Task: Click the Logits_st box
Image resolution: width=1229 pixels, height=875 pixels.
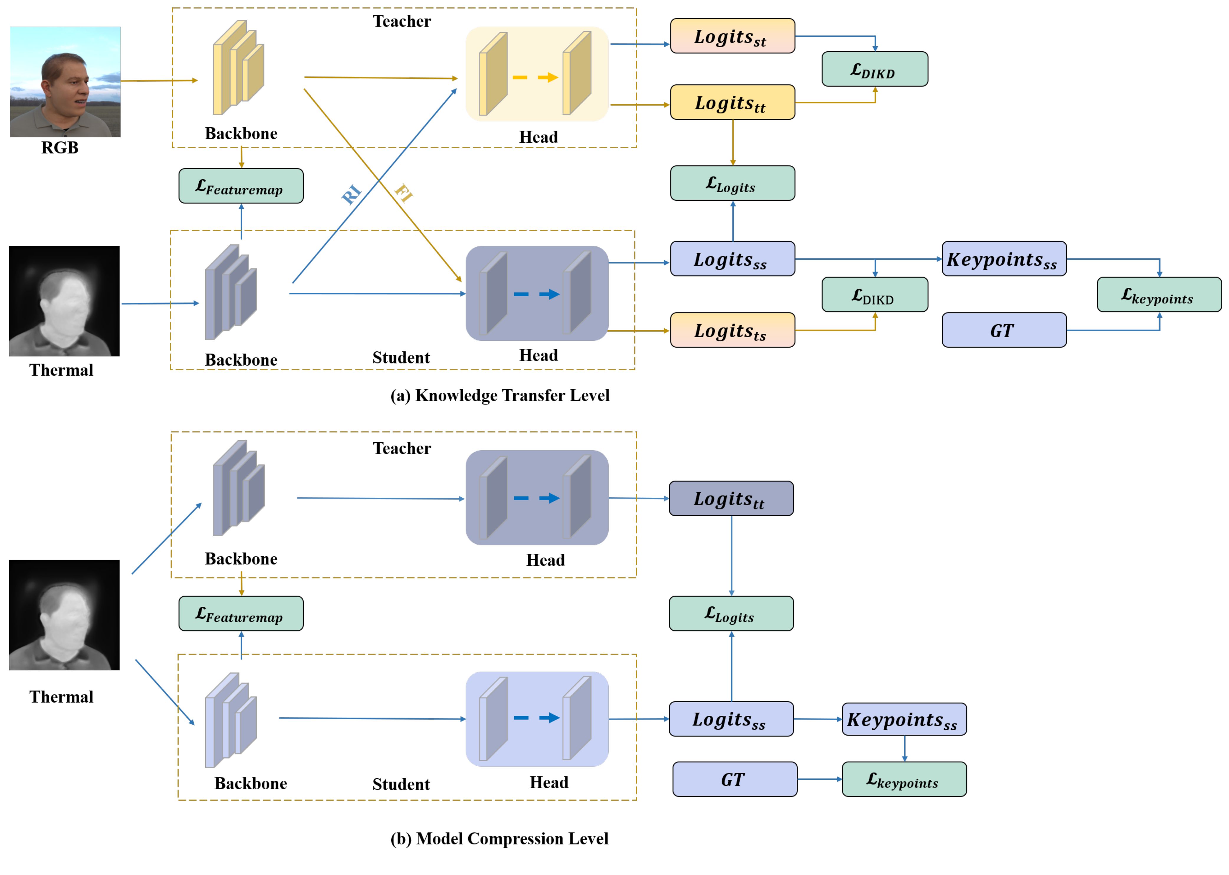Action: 732,36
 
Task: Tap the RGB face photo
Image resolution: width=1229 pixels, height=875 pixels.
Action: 65,82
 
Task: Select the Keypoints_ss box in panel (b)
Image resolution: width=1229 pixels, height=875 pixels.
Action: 903,719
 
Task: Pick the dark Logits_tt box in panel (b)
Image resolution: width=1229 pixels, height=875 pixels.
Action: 731,499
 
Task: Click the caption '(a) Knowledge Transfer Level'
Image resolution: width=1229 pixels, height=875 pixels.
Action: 500,395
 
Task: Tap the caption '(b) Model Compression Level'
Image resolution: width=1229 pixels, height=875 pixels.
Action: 500,838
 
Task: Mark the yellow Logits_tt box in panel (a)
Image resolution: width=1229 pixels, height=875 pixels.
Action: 732,102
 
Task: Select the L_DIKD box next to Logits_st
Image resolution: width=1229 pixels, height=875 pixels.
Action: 874,69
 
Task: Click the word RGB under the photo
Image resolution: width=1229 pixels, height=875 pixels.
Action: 60,148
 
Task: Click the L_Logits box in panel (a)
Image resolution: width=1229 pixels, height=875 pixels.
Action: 732,183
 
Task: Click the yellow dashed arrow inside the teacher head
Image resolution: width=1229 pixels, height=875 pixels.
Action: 535,78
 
